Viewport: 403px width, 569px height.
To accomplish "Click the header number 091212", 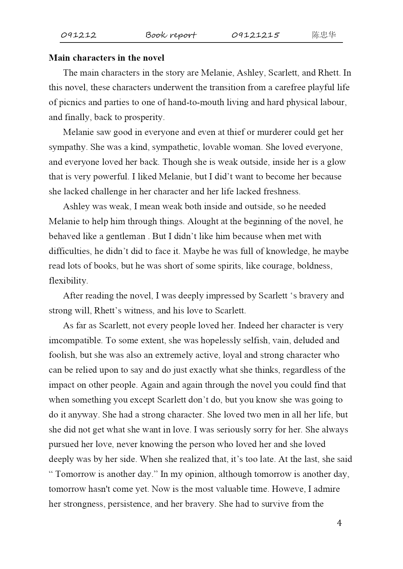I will pyautogui.click(x=79, y=35).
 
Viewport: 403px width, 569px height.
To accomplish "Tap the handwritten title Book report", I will pyautogui.click(x=171, y=35).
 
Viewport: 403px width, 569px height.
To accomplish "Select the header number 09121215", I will pyautogui.click(x=255, y=35).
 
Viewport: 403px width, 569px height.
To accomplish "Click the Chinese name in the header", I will pyautogui.click(x=324, y=35).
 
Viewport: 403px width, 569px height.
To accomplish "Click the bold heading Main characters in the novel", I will pyautogui.click(x=107, y=58).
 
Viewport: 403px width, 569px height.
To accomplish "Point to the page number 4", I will pyautogui.click(x=339, y=523).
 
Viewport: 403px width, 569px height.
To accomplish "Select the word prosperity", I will pyautogui.click(x=145, y=117).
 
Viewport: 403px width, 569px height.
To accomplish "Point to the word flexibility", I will pyautogui.click(x=68, y=281).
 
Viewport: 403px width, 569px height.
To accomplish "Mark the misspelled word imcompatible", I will pyautogui.click(x=75, y=340).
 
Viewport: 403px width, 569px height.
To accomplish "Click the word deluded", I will pyautogui.click(x=305, y=340).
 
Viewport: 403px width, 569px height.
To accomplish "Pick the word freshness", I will pyautogui.click(x=282, y=191).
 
